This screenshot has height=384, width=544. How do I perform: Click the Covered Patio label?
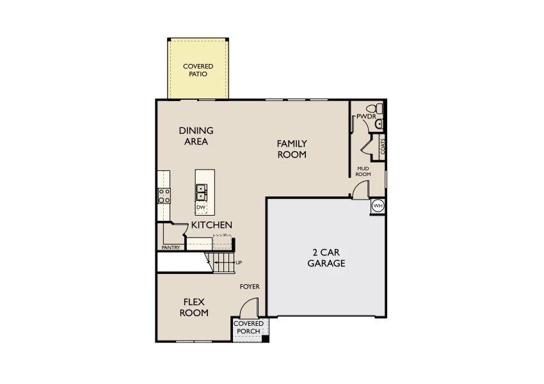pyautogui.click(x=198, y=70)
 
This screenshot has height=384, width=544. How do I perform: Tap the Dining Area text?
pyautogui.click(x=196, y=136)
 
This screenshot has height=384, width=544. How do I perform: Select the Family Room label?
pyautogui.click(x=291, y=148)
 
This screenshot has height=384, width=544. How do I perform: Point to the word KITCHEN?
pyautogui.click(x=211, y=225)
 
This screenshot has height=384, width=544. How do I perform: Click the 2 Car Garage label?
pyautogui.click(x=326, y=257)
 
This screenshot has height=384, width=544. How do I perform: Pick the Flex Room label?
pyautogui.click(x=193, y=307)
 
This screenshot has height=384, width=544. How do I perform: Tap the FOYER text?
pyautogui.click(x=250, y=287)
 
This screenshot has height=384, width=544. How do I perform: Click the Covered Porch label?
pyautogui.click(x=248, y=328)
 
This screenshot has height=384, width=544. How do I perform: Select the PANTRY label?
pyautogui.click(x=170, y=247)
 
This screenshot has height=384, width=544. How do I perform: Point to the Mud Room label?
pyautogui.click(x=364, y=171)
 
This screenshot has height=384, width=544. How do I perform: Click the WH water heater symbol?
pyautogui.click(x=378, y=206)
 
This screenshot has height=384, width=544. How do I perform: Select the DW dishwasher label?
pyautogui.click(x=201, y=207)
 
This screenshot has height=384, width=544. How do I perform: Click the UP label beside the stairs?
pyautogui.click(x=239, y=262)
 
